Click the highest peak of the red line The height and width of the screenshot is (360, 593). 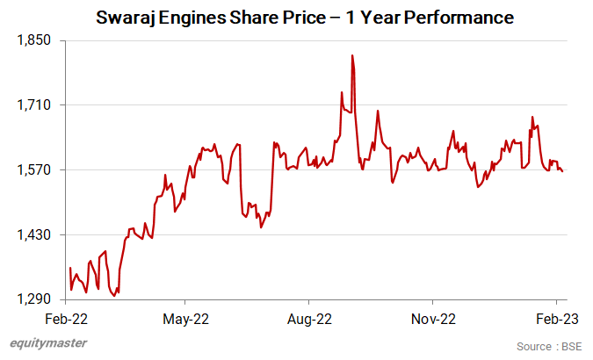(352, 55)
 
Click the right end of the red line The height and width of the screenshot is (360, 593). (562, 171)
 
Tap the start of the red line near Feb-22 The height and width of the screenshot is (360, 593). (69, 268)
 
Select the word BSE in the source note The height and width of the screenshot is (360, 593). (574, 347)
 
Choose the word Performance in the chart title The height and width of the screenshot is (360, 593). (462, 18)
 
